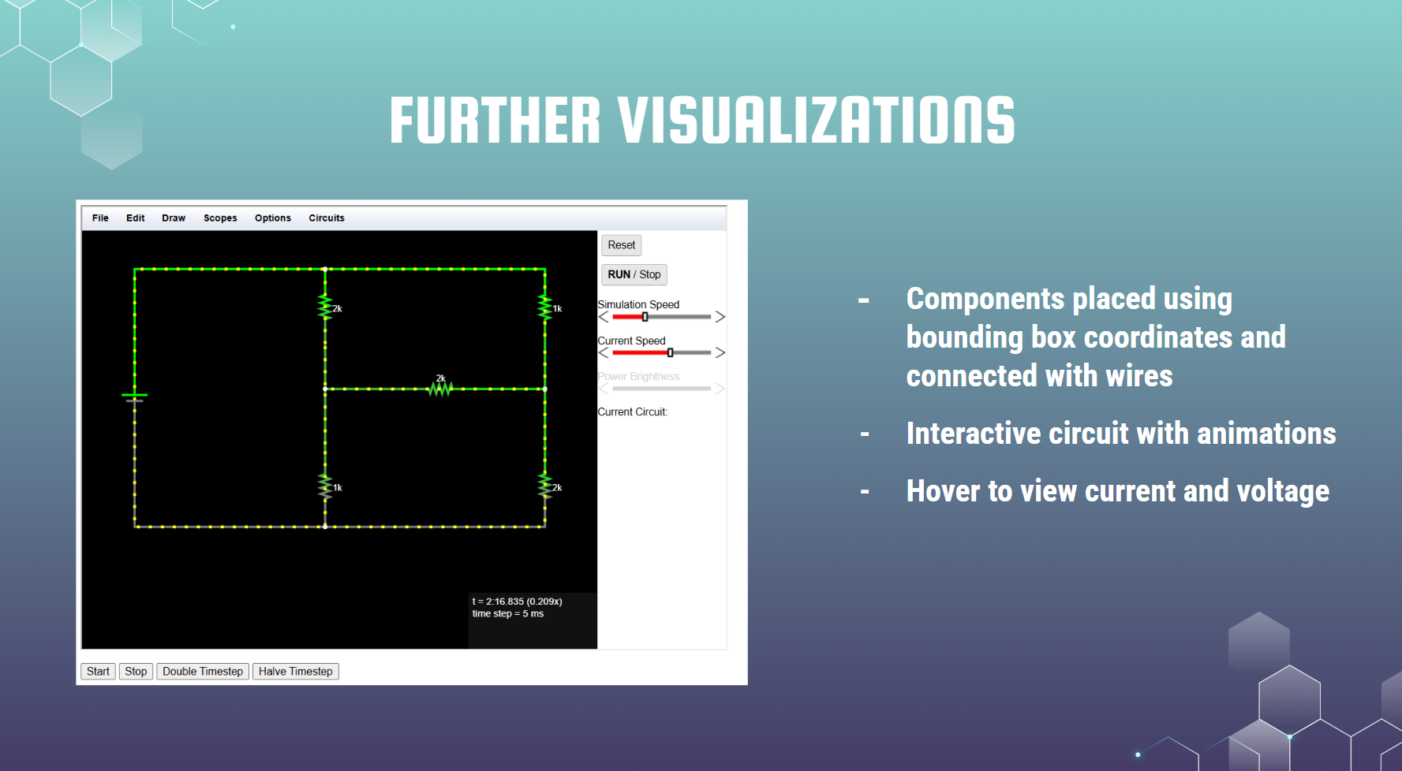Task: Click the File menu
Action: tap(100, 218)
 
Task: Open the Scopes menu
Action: tap(220, 218)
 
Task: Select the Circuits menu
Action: tap(327, 218)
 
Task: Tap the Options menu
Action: tap(273, 218)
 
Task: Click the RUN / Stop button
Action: tap(634, 274)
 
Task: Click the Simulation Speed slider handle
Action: tap(645, 317)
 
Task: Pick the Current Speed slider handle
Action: tap(671, 352)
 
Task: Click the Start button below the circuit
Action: tap(98, 672)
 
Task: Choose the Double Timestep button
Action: tap(203, 672)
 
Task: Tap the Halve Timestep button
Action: tap(296, 672)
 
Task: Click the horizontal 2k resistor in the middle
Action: tap(440, 388)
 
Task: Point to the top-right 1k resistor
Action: tap(545, 307)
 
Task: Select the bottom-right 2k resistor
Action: tap(545, 486)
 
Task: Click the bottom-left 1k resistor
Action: tap(325, 486)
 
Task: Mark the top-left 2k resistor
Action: tap(325, 307)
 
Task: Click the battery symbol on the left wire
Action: tap(135, 397)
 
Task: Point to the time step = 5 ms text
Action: tap(508, 614)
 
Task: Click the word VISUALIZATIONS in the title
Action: tap(817, 121)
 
